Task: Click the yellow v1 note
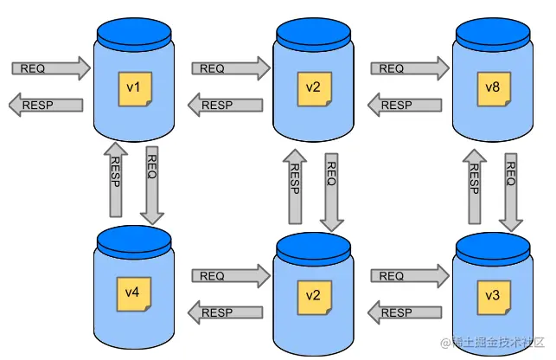click(136, 89)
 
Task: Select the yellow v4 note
click(133, 293)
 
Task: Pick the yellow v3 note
click(491, 296)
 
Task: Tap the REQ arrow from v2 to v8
click(406, 67)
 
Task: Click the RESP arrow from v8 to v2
click(406, 105)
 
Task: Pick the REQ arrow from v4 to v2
click(227, 275)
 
